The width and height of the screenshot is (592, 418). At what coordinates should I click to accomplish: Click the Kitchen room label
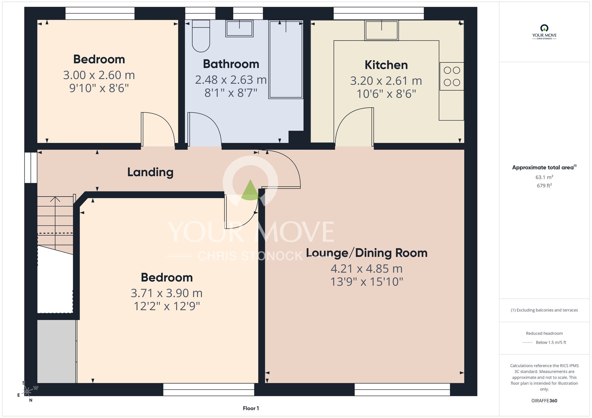386,65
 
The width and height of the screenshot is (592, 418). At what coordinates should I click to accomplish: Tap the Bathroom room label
231,64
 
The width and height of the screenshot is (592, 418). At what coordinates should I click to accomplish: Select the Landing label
150,172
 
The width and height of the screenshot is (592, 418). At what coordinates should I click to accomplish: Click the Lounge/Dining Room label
366,253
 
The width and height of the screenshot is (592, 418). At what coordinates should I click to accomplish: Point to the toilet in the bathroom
201,36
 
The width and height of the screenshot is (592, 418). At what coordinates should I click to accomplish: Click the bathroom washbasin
239,28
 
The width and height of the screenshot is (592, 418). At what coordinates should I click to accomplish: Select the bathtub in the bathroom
286,59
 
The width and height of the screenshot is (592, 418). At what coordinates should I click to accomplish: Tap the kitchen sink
382,30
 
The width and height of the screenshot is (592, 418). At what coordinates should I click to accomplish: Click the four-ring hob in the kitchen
452,76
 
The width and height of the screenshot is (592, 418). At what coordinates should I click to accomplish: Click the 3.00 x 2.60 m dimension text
99,75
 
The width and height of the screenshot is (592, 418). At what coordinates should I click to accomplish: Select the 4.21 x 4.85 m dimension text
366,269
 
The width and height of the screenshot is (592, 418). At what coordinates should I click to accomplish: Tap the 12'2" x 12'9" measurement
167,306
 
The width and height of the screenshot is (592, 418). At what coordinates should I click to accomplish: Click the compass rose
27,391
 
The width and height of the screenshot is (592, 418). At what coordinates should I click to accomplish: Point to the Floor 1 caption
251,408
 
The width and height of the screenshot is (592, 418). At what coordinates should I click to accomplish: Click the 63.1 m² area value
544,177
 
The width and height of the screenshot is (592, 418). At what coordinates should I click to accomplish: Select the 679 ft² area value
544,185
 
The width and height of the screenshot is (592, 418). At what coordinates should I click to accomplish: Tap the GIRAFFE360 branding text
544,401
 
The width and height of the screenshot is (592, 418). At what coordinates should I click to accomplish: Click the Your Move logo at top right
544,32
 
